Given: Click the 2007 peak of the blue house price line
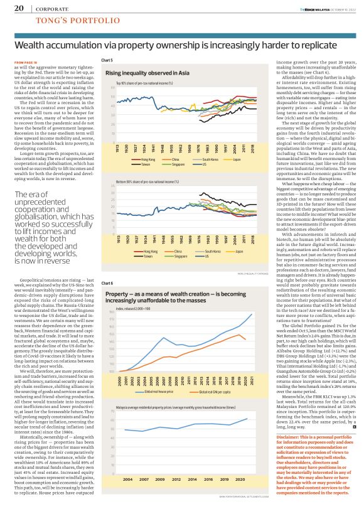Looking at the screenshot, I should (x=164, y=373).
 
